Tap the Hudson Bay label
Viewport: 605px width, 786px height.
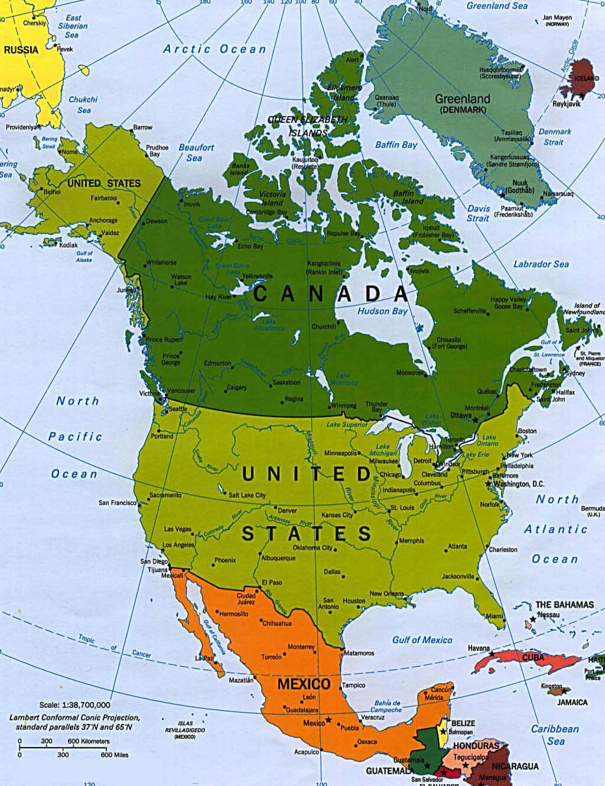(383, 311)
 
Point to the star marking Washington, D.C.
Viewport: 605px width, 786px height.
(489, 484)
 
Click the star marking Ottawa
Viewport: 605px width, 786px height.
(476, 419)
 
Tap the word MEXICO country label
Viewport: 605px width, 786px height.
(304, 684)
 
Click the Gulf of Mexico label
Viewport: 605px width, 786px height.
(422, 640)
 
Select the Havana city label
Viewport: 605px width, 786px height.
(479, 648)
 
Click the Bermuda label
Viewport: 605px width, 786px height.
(593, 508)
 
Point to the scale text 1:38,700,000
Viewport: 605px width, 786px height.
(74, 705)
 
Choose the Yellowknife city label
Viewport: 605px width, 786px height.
(257, 276)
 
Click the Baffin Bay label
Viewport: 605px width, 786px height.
(396, 145)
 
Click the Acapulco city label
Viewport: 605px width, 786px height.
(307, 752)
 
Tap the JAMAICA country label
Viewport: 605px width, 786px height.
(571, 702)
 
